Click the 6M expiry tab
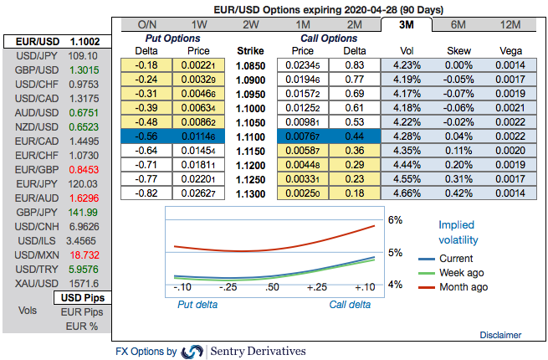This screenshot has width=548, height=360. [x=459, y=24]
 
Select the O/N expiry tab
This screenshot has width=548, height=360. [x=147, y=24]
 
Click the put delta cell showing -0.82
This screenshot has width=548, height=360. [x=147, y=193]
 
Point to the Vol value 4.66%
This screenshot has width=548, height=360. [x=406, y=193]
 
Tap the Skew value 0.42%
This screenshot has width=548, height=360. [x=459, y=193]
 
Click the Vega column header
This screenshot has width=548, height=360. [x=511, y=50]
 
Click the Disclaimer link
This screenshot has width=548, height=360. [x=501, y=335]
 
